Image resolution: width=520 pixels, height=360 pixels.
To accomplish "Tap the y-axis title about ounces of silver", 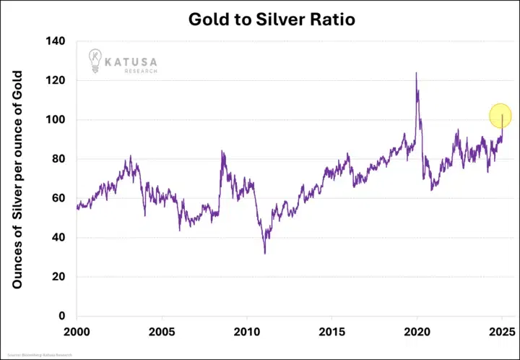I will (19, 179).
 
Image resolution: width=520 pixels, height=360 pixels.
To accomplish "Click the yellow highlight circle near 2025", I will (500, 116).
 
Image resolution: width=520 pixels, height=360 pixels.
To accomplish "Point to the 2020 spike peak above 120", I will (416, 73).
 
